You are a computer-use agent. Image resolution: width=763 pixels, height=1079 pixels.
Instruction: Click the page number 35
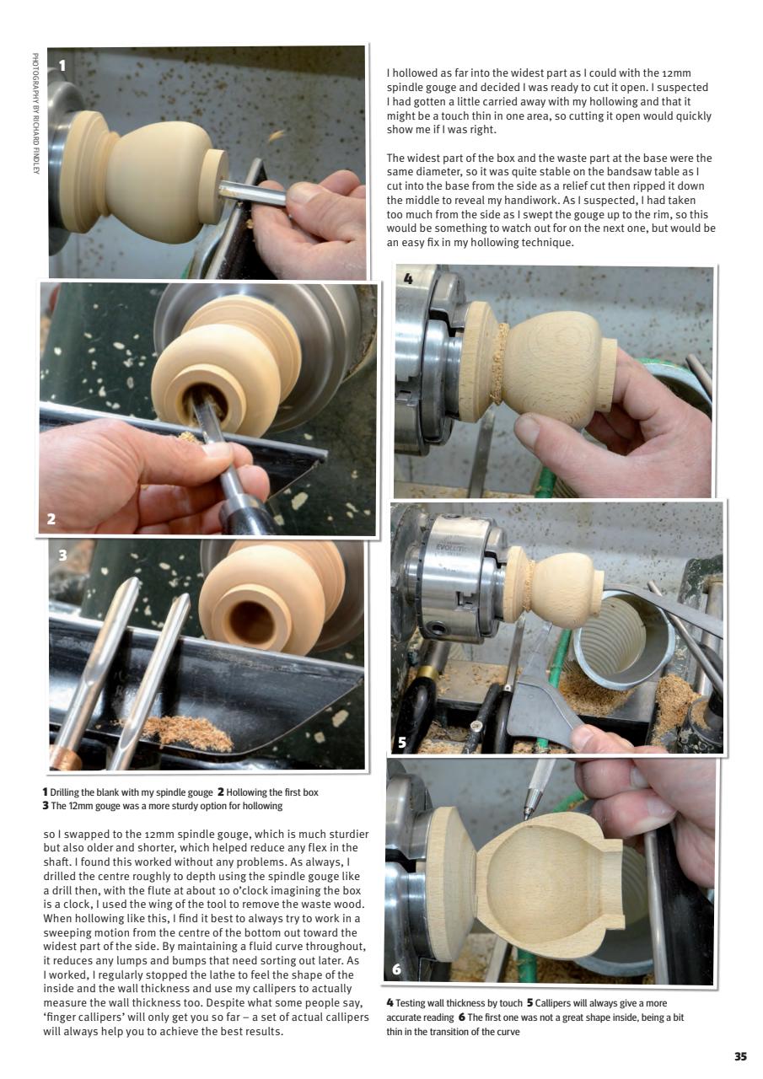coord(740,1056)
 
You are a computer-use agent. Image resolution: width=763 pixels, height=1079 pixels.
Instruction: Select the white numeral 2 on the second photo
coord(51,518)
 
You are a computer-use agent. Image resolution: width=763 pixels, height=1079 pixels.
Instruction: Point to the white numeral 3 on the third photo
coord(62,556)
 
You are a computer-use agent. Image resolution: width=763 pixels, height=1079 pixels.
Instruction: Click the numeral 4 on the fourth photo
coord(408,279)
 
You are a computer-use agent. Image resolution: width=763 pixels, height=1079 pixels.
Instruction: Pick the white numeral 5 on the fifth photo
coord(402,742)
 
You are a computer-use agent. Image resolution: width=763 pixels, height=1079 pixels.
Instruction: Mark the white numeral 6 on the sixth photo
coord(396,970)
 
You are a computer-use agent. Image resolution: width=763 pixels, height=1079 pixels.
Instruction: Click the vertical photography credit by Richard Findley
coord(35,114)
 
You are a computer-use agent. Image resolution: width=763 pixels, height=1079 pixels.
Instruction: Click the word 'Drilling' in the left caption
coord(68,792)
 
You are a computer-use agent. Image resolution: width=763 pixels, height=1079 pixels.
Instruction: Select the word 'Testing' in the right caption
coord(414,1003)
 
